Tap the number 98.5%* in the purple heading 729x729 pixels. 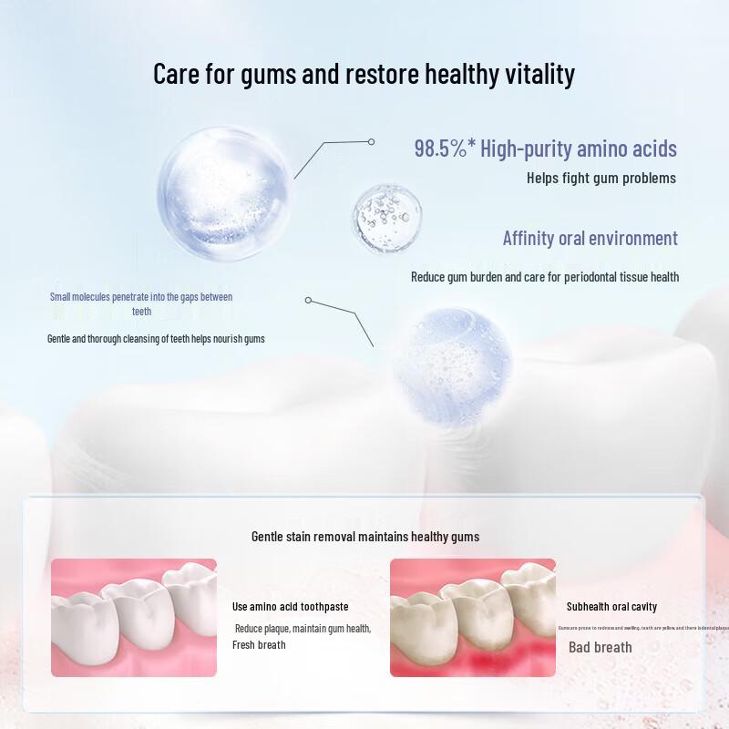pyautogui.click(x=445, y=149)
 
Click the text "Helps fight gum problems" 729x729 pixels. pyautogui.click(x=601, y=178)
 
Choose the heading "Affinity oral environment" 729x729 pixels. pyautogui.click(x=590, y=239)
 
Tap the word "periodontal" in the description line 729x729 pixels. pyautogui.click(x=580, y=277)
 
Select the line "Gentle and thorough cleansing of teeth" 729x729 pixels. pyautogui.click(x=156, y=339)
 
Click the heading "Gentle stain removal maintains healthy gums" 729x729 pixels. pyautogui.click(x=365, y=537)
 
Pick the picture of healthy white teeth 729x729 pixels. pyautogui.click(x=134, y=618)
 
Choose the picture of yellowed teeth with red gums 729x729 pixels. pyautogui.click(x=472, y=618)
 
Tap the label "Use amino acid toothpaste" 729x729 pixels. pyautogui.click(x=291, y=607)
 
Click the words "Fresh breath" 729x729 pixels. pyautogui.click(x=259, y=645)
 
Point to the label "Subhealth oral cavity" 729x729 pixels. pyautogui.click(x=611, y=607)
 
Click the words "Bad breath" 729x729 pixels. pyautogui.click(x=600, y=647)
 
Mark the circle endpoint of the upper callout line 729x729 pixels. pyautogui.click(x=371, y=142)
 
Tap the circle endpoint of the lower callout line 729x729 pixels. pyautogui.click(x=309, y=300)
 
